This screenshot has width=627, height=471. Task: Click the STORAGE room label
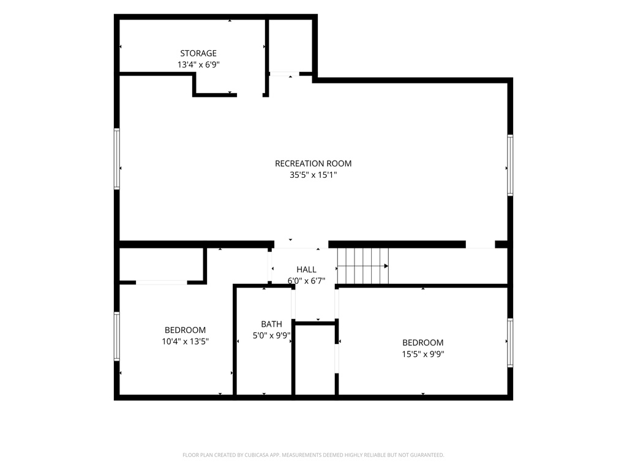198,53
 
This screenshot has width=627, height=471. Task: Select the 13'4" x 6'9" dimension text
199,64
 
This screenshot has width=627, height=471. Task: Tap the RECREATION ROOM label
313,163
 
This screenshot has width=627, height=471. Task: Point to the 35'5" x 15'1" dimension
313,175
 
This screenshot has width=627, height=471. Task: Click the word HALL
306,270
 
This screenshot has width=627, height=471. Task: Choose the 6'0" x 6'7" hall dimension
306,281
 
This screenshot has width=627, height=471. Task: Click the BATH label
271,324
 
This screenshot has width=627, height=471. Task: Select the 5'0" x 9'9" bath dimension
271,335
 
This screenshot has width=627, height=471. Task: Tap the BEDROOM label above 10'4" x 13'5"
185,330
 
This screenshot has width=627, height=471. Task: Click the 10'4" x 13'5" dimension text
185,341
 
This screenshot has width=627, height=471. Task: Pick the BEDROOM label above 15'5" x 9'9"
422,342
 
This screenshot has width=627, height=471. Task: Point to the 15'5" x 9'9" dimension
423,354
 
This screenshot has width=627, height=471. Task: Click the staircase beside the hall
363,266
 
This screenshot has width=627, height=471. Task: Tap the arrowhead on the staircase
386,266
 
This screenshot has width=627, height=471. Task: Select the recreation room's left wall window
117,159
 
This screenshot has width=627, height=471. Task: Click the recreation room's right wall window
510,165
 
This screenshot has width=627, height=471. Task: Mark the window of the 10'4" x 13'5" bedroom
117,337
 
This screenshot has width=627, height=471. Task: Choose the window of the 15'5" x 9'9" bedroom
510,342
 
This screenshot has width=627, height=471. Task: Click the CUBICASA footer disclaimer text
313,455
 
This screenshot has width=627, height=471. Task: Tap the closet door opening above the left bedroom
162,282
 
